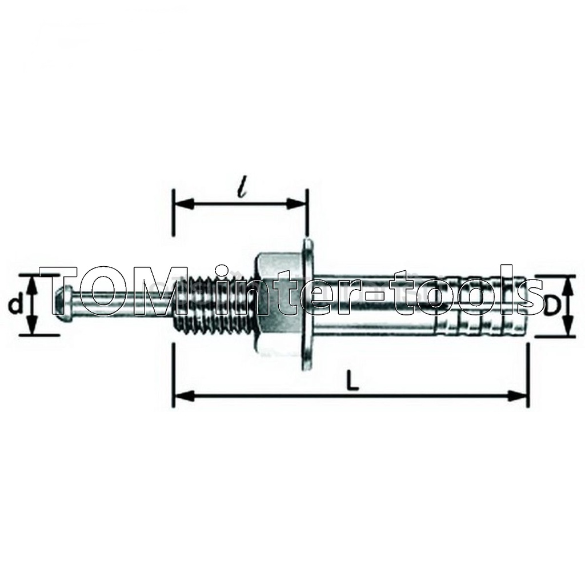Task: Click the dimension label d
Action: (14, 306)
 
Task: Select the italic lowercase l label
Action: (243, 190)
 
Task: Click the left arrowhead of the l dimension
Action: (185, 204)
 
